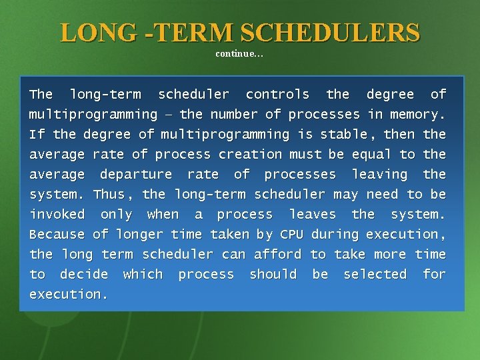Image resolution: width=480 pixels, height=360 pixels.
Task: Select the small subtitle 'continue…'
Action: coord(239,54)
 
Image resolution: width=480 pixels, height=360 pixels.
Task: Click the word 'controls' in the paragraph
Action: coord(277,95)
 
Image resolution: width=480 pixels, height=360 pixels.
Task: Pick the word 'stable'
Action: coord(343,135)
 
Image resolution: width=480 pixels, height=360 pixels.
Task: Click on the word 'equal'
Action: coord(369,155)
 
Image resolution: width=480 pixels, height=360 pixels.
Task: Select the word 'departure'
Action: coord(135,175)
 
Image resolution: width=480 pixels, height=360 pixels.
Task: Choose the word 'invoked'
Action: coord(57,215)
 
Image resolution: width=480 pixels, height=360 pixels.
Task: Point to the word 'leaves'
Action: coord(312,215)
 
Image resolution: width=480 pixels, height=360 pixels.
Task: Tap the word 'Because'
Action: coord(57,235)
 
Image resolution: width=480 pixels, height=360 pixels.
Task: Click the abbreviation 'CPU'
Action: coord(291,235)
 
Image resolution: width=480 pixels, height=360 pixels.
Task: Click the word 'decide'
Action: coord(83,275)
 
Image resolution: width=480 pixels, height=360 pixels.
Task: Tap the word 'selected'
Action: coord(375,275)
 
